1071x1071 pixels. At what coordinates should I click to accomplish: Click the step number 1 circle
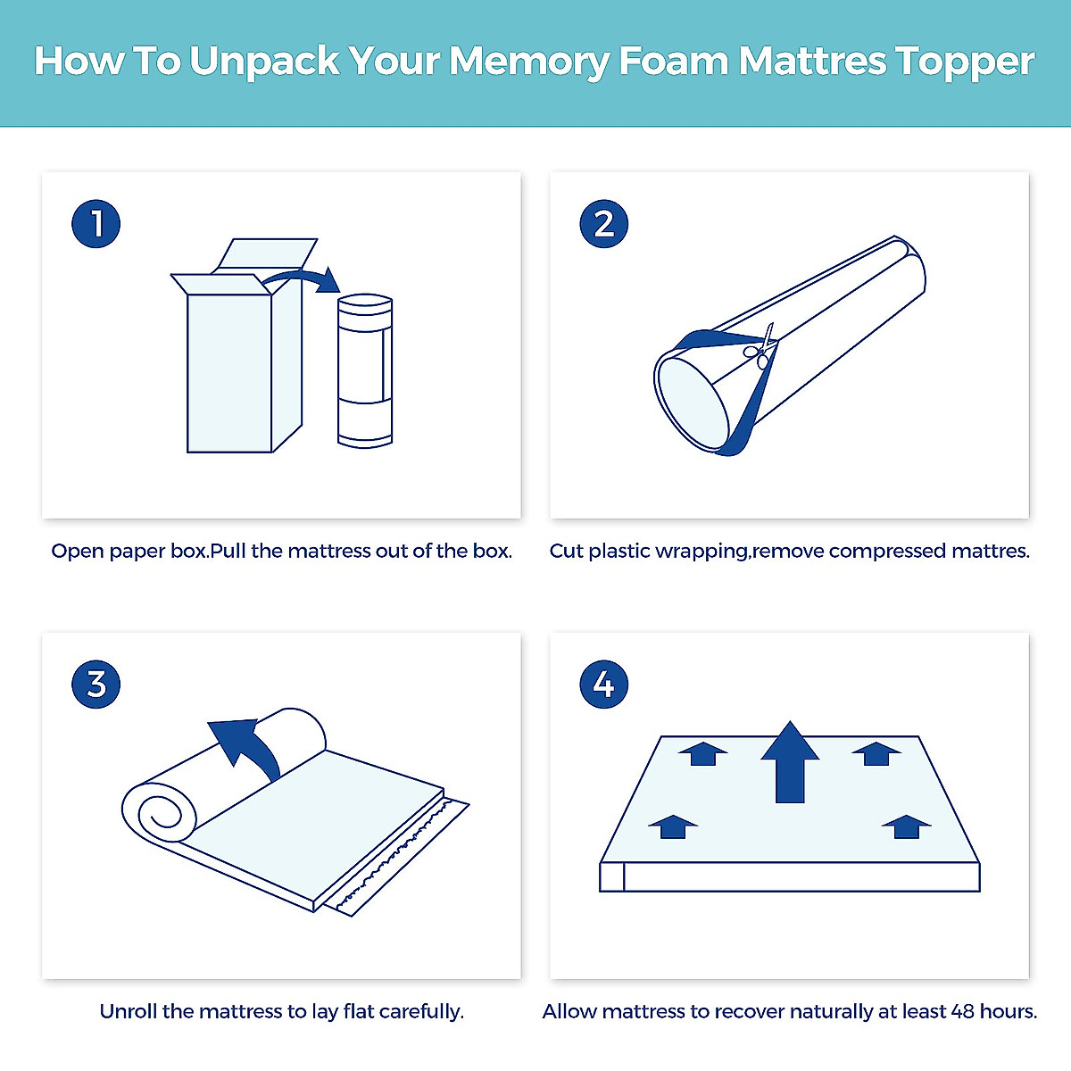95,223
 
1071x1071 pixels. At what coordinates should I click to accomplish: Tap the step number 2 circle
603,223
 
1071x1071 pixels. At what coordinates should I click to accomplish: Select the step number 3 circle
95,684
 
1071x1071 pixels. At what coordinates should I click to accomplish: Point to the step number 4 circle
603,684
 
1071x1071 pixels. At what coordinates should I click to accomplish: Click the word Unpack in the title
264,62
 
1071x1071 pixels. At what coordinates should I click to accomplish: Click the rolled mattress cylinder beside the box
365,370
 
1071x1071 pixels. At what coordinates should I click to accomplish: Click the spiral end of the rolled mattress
159,816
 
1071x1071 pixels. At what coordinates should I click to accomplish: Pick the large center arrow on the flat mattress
790,762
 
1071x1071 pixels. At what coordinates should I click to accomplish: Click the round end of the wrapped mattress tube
693,402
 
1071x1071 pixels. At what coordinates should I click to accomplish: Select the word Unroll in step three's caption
129,1011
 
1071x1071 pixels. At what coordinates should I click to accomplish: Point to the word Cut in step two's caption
567,551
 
